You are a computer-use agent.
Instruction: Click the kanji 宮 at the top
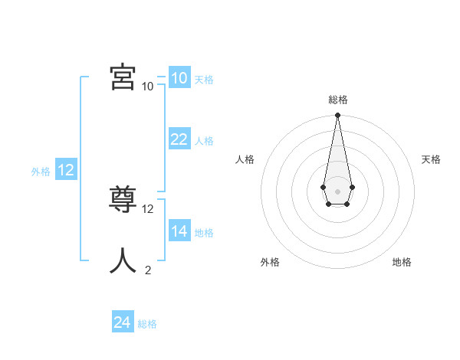123,77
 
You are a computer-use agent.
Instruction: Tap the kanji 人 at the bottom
123,260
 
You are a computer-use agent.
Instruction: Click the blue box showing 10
179,77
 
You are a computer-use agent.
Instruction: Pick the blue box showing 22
179,139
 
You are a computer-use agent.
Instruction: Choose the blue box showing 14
179,231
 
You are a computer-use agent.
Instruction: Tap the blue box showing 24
122,322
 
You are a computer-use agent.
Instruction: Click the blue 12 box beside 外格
66,170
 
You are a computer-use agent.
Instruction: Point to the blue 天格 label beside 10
204,79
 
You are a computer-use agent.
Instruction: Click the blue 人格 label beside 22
204,141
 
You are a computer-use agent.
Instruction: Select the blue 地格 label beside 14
204,233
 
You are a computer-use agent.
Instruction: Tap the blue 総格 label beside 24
147,324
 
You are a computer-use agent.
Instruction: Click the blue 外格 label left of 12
41,172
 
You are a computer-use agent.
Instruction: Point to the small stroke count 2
148,270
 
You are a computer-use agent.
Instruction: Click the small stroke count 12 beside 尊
148,208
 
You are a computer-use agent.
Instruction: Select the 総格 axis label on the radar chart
338,100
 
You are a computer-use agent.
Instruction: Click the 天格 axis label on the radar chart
431,159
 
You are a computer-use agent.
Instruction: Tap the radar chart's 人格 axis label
245,159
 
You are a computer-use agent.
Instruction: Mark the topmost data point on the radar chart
337,115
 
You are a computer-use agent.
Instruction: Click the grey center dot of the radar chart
337,191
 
